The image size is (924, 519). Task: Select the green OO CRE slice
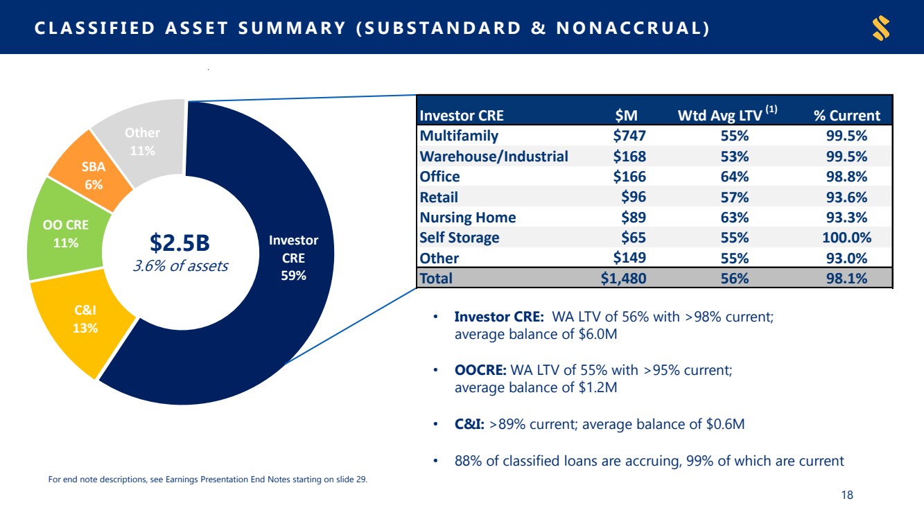click(66, 233)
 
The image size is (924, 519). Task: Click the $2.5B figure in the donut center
click(180, 243)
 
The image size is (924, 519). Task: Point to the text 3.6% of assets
click(180, 266)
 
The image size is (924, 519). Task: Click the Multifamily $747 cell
click(629, 136)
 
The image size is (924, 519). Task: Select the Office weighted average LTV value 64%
click(735, 177)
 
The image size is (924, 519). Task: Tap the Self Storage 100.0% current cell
click(846, 238)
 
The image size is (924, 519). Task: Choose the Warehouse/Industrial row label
click(494, 156)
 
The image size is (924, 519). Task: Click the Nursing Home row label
click(468, 218)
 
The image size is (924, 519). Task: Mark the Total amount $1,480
click(623, 279)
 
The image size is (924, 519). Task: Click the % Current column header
click(847, 116)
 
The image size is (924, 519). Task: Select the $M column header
click(626, 116)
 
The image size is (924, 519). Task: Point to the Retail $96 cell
click(634, 197)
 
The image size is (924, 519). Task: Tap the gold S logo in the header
click(881, 28)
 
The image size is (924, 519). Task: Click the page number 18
click(847, 495)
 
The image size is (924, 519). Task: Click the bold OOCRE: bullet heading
click(480, 370)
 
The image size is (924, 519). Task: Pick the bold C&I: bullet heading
click(469, 424)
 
